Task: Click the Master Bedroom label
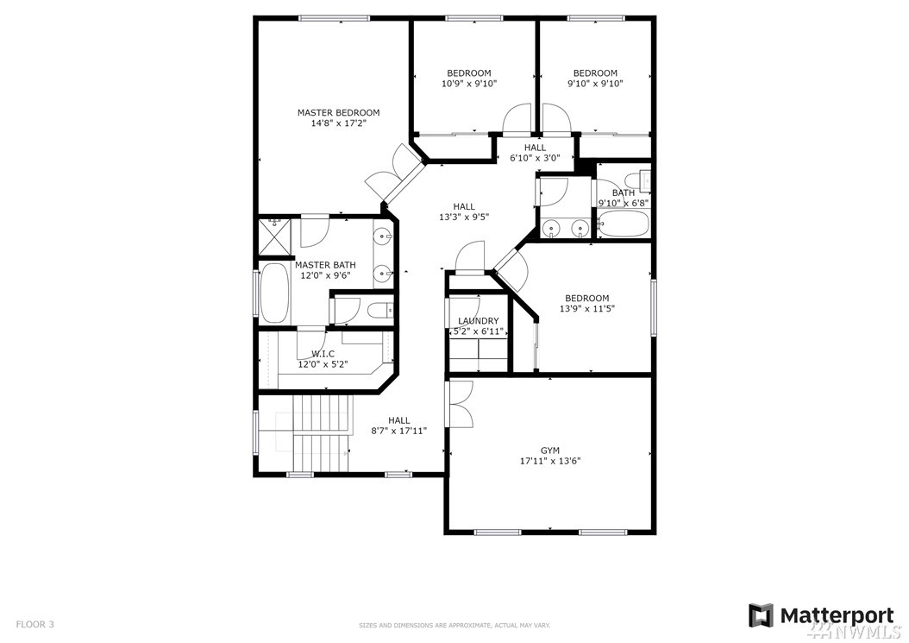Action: (x=339, y=112)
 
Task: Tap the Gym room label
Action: (x=550, y=451)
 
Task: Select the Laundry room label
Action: (x=479, y=321)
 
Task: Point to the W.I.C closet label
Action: (x=323, y=354)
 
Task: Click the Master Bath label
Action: (x=325, y=265)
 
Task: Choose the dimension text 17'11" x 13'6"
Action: (x=550, y=462)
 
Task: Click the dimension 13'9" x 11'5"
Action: (x=586, y=309)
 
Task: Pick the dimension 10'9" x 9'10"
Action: (x=469, y=84)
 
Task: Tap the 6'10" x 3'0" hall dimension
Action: (x=535, y=158)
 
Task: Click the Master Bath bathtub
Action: (x=275, y=294)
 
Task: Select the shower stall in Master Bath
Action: (x=273, y=236)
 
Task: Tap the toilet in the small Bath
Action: (x=644, y=181)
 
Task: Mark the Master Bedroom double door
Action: (x=395, y=173)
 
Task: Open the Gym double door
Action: (x=460, y=405)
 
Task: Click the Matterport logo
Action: (x=821, y=615)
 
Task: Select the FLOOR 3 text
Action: (x=34, y=625)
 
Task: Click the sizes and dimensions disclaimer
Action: (x=454, y=626)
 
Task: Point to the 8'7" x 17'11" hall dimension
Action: (x=399, y=432)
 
